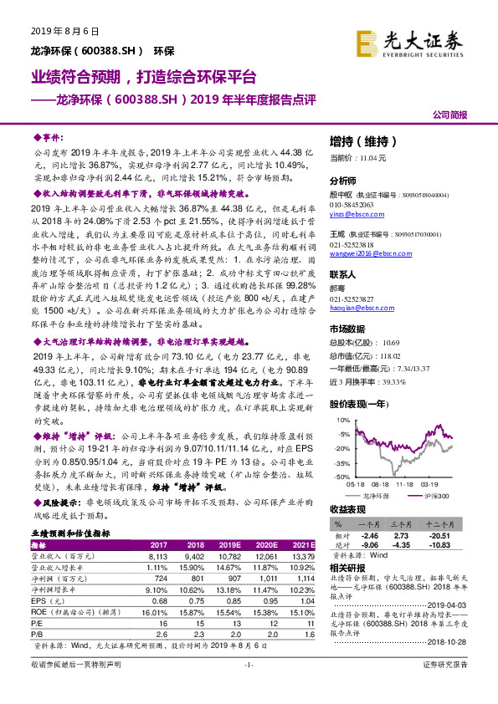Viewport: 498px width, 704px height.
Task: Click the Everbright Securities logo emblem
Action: [365, 41]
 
